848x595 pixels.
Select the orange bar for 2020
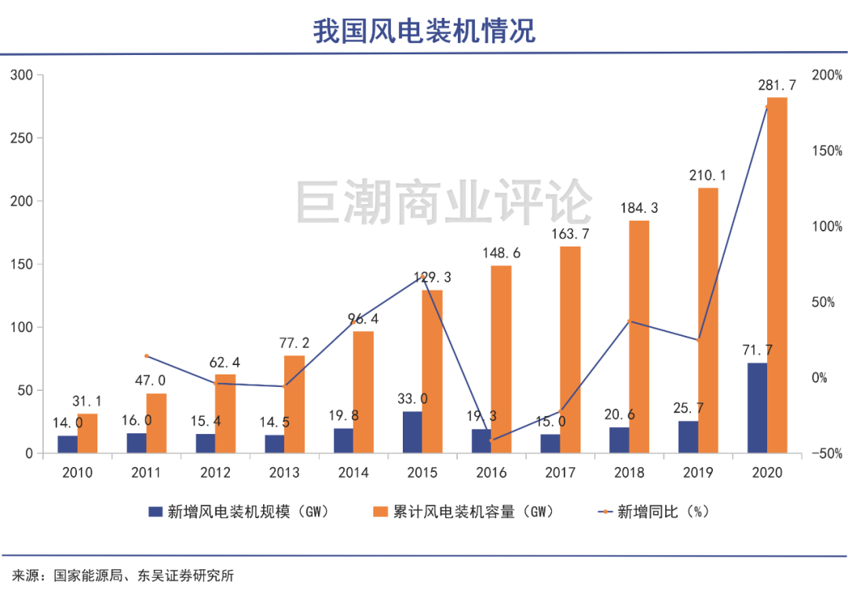[x=777, y=275]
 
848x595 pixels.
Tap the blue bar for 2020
[x=757, y=408]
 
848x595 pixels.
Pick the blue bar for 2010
[x=68, y=444]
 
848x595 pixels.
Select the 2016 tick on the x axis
[x=491, y=473]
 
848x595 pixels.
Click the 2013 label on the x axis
[x=284, y=473]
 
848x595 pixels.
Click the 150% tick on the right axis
[x=826, y=151]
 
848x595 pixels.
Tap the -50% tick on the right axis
[x=826, y=454]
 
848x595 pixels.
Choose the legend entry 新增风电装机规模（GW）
[x=239, y=512]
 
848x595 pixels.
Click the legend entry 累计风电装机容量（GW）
[x=463, y=512]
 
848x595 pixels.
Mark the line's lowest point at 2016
[x=492, y=440]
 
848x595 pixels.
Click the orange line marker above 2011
[x=147, y=356]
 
